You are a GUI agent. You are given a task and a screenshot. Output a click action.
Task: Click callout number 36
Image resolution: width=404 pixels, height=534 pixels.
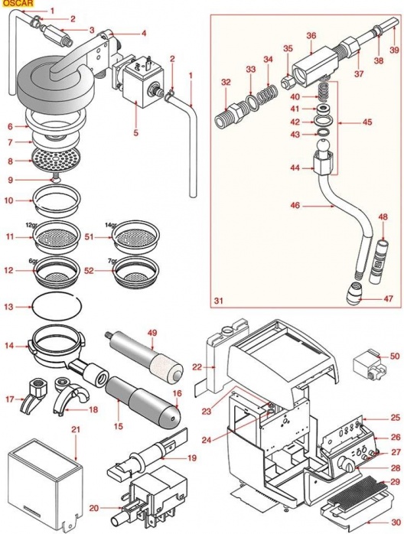(x=311, y=35)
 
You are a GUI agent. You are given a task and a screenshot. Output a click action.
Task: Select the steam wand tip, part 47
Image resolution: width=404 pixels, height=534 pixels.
(x=354, y=293)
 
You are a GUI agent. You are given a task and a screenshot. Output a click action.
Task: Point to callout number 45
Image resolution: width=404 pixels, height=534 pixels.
(x=367, y=122)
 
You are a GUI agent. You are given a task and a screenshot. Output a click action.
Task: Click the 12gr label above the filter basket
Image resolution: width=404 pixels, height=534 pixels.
(x=31, y=225)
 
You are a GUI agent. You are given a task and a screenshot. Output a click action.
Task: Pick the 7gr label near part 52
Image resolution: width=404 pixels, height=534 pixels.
(x=112, y=261)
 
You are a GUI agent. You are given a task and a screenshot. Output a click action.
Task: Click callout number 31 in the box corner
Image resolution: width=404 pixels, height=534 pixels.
(x=219, y=301)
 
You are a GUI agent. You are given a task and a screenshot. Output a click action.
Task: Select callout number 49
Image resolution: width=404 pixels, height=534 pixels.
(x=152, y=333)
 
